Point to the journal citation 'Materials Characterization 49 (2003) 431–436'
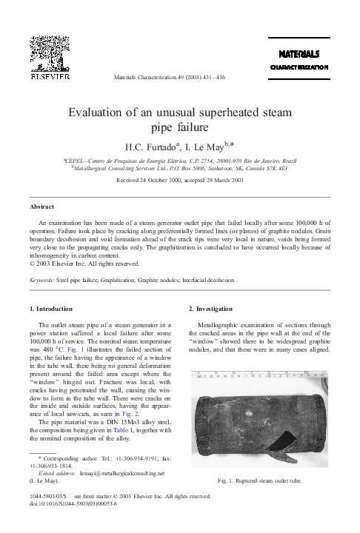tap(181, 76)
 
